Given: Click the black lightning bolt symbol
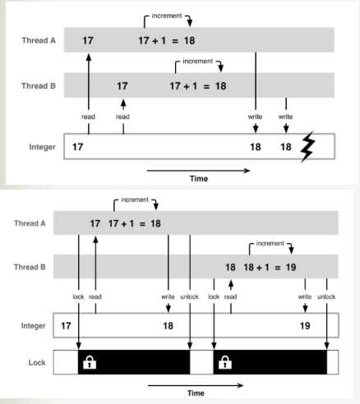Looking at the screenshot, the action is point(307,146).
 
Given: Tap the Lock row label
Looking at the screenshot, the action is point(37,363).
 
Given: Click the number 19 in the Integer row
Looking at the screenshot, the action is point(305,326).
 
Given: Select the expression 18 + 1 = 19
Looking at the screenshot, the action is point(270,267).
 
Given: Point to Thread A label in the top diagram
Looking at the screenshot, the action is point(39,40).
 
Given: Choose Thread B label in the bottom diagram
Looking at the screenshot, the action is point(30,267).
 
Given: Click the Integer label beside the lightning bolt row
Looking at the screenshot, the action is point(42,147).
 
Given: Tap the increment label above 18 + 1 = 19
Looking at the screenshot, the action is point(270,243).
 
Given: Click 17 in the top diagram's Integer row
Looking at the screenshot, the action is point(77,147).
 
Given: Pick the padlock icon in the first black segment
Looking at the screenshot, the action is point(90,362).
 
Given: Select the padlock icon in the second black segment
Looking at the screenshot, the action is point(225,362).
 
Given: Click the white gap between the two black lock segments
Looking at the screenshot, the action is point(201,362).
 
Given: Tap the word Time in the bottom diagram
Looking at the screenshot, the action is point(196,393).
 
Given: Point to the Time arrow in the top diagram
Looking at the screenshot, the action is point(198,171).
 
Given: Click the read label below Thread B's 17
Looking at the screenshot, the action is point(122,117).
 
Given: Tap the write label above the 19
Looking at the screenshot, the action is point(305,296).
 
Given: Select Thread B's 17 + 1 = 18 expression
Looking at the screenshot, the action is point(198,86).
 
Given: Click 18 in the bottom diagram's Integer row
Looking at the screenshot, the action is point(168,326).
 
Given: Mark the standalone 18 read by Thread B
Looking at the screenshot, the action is point(230,267).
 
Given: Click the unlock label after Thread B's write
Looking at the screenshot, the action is point(326,296).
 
